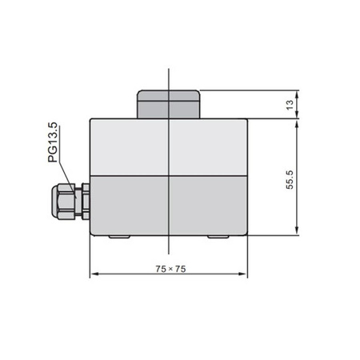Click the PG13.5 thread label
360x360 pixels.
pos(54,143)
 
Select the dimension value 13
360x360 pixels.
pos(290,102)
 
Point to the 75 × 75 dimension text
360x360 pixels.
pos(170,270)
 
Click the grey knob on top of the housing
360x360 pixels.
pos(169,103)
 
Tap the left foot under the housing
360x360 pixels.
pos(118,237)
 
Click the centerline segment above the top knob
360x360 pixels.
pos(169,78)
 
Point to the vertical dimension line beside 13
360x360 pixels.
pos(298,102)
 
